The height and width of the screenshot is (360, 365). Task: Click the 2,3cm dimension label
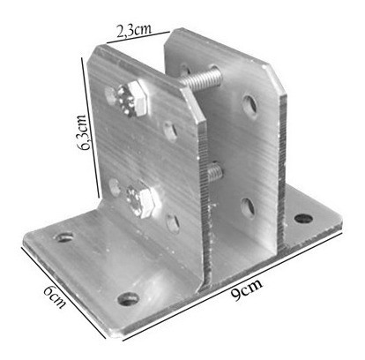pyautogui.click(x=133, y=31)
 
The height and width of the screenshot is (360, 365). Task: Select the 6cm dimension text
pyautogui.click(x=55, y=296)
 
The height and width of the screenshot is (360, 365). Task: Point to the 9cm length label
pyautogui.click(x=246, y=289)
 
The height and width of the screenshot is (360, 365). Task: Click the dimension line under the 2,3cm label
pyautogui.click(x=138, y=37)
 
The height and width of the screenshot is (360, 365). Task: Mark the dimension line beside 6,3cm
pyautogui.click(x=90, y=128)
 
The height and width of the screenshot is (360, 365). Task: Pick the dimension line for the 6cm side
pyautogui.click(x=63, y=292)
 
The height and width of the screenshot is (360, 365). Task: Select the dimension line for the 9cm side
pyautogui.click(x=232, y=286)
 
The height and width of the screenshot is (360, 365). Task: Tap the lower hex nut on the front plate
pyautogui.click(x=142, y=199)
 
